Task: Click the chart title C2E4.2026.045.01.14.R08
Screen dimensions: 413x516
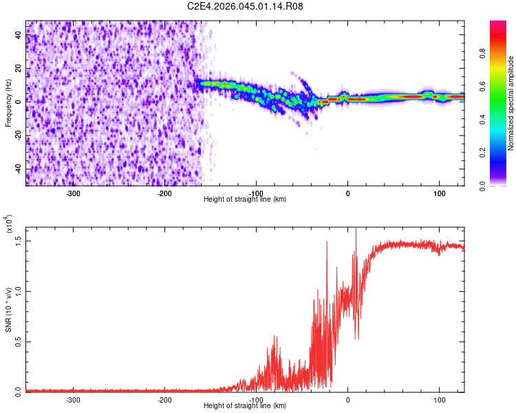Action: [246, 6]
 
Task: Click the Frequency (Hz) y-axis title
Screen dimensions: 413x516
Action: [8, 103]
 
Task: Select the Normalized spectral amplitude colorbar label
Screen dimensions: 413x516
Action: [511, 103]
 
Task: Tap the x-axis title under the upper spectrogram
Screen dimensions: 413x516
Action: [246, 199]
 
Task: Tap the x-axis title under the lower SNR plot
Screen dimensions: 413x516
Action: [246, 405]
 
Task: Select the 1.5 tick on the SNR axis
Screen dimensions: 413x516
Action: [19, 240]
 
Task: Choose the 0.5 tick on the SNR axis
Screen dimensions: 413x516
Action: [19, 341]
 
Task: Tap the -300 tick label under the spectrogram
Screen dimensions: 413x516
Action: [74, 193]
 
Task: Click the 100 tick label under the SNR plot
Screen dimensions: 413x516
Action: [439, 399]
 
